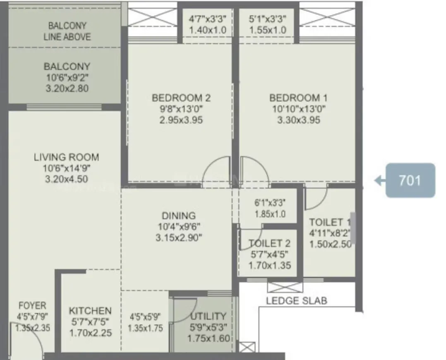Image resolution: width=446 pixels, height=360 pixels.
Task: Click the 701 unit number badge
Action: pos(410,180)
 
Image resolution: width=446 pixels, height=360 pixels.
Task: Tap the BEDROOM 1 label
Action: pos(298,98)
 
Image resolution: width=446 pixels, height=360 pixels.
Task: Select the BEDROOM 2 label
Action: pos(181,98)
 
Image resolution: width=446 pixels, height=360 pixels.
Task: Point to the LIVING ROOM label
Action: pos(66,157)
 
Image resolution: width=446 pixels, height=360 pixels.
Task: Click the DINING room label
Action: pos(178,216)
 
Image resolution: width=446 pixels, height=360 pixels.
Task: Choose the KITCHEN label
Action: pos(90,311)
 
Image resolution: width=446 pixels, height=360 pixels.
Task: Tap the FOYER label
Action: pos(32,306)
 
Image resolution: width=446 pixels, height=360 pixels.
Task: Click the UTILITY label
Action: pos(208,317)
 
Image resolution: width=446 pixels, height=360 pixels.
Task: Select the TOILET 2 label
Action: pos(269,243)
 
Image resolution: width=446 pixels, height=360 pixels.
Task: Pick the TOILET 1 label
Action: pos(330,222)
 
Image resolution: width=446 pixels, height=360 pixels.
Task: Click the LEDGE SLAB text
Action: pos(296,301)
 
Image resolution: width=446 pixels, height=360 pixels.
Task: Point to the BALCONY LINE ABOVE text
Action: pos(67,31)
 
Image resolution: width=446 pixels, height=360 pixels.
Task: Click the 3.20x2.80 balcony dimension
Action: pos(67,88)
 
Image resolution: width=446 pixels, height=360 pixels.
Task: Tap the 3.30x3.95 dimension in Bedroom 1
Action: pos(298,120)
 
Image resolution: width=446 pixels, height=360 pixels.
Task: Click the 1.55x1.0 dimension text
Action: pos(268,30)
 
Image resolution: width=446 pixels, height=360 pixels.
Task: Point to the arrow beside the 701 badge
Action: pos(378,180)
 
